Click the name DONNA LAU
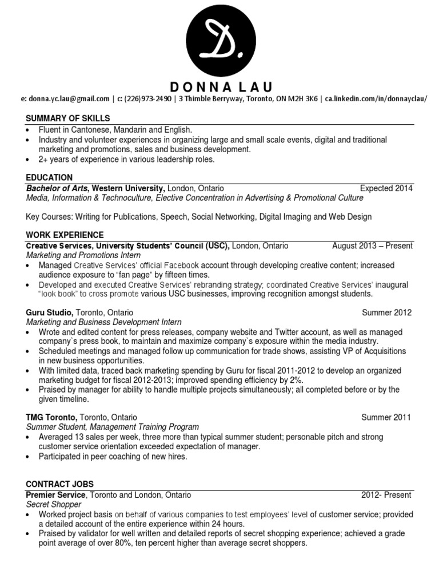pos(222,87)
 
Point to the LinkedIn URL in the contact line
pos(376,99)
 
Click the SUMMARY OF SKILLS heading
pos(68,118)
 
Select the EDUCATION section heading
pos(50,178)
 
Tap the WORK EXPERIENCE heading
pos(65,235)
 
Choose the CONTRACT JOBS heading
pos(60,484)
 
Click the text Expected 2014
pos(386,188)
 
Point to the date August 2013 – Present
pos(372,246)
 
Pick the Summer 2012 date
pos(386,313)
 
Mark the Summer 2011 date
pos(386,418)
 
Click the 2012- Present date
pos(386,495)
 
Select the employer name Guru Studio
pos(49,313)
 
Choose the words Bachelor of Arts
pos(58,188)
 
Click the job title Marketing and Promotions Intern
pos(83,256)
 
